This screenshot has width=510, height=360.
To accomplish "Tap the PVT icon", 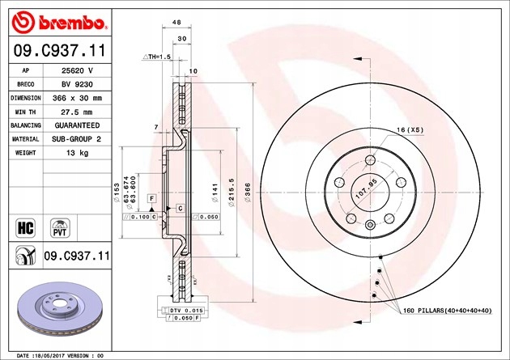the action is (59, 226).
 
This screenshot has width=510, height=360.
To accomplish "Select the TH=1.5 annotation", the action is (158, 57).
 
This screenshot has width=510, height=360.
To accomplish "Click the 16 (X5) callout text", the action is (410, 130).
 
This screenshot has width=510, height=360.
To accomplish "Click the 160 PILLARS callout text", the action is (445, 311).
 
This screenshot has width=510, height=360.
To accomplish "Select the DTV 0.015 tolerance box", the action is (179, 311).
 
